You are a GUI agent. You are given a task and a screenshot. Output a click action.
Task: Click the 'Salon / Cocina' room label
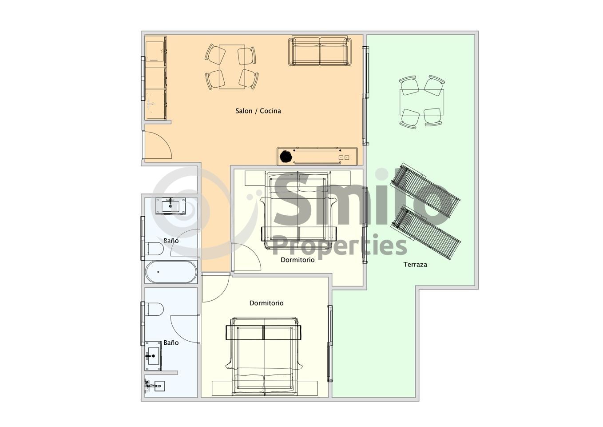tap(258, 111)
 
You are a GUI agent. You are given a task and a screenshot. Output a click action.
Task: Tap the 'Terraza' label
tap(415, 265)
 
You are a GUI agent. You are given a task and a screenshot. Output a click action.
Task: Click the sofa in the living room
tap(320, 51)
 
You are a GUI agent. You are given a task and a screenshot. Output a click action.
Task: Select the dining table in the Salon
tap(232, 67)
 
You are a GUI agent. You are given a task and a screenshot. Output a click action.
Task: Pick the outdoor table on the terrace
tap(421, 102)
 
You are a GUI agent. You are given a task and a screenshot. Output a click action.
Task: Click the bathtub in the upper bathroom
tap(171, 272)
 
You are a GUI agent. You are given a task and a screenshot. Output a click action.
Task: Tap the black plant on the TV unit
tap(286, 157)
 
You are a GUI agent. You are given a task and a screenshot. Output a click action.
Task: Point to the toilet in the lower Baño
tap(154, 309)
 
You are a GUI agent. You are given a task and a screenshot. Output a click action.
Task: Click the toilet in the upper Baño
tap(154, 249)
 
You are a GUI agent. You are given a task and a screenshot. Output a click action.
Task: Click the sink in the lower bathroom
tap(153, 356)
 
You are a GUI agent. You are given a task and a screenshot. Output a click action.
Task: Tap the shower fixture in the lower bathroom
tap(155, 386)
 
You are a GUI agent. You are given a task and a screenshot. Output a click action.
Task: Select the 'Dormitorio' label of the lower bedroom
tap(266, 303)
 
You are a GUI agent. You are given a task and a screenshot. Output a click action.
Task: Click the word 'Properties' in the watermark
tap(340, 246)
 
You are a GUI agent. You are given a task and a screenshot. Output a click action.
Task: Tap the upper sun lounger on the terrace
tap(425, 190)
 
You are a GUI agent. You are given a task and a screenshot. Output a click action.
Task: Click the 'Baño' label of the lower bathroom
tap(171, 342)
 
